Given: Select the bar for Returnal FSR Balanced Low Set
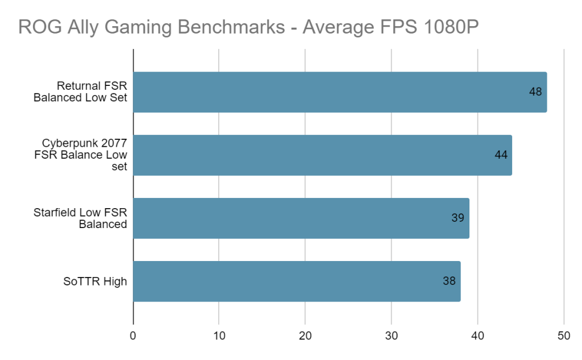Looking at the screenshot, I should pos(339,92).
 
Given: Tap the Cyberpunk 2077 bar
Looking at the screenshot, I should pos(322,155).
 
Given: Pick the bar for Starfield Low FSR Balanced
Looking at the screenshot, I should pos(301,218).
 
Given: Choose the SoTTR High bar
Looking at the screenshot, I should pos(296,281).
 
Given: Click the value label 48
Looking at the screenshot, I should pos(535,92).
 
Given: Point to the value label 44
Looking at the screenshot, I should pos(501,155).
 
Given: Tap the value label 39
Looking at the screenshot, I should pos(458,218).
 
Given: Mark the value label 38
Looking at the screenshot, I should pos(449,281).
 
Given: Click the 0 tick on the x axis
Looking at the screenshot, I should pos(133,336).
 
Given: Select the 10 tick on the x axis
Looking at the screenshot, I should pos(219,336).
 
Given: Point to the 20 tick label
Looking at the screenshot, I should pos(305,336).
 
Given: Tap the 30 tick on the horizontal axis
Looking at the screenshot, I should pos(392,336).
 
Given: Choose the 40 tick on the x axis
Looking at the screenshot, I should pos(477,336).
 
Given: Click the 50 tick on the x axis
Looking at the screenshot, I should pos(564,336).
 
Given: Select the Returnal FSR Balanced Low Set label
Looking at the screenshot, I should pos(80,92).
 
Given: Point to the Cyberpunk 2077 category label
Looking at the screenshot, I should pos(85,155).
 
